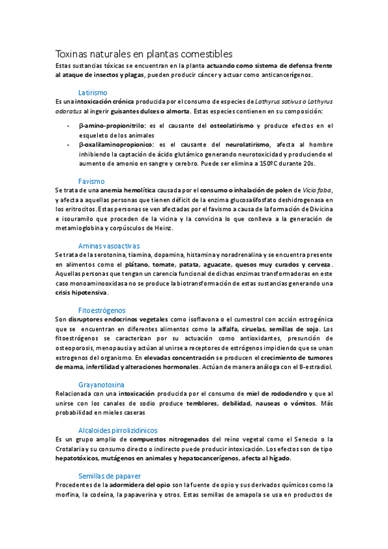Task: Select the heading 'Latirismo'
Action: pos(93,93)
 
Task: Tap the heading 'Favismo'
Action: pos(91,181)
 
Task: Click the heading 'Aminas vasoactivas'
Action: pos(109,246)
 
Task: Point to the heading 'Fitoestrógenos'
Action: pos(102,310)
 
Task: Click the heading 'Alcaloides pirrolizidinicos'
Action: pos(117,430)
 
